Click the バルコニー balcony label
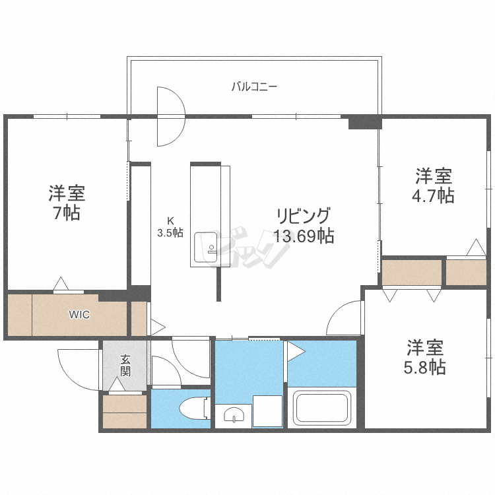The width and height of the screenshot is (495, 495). point(254,86)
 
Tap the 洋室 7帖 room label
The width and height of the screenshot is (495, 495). point(67,203)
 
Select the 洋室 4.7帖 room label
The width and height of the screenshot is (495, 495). point(434,185)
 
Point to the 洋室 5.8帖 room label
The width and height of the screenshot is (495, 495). point(425,357)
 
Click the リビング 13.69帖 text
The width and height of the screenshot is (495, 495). point(303,225)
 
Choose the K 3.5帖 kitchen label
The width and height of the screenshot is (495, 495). point(170,227)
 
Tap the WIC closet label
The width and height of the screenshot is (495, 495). point(79,314)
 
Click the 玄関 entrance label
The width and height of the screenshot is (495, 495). point(125,365)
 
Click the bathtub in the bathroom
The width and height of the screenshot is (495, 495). point(321,407)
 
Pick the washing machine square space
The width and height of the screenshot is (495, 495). point(267,411)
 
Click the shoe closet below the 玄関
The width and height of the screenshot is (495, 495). point(125,412)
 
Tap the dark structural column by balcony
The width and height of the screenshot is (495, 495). point(364,122)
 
